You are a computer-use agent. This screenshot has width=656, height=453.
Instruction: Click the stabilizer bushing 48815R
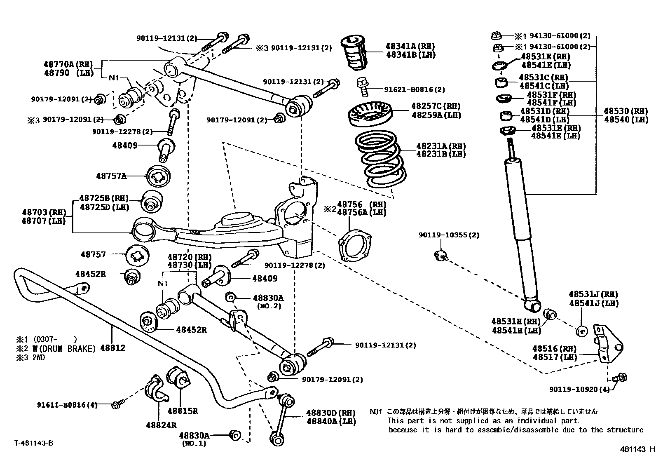pyautogui.click(x=177, y=377)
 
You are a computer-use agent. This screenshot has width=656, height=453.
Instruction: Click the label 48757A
pyautogui.click(x=111, y=176)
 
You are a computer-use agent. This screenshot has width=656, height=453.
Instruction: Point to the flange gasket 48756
pyautogui.click(x=354, y=247)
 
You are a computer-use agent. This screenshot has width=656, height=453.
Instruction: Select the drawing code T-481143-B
pyautogui.click(x=34, y=443)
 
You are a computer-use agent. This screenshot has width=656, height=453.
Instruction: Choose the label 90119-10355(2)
pyautogui.click(x=449, y=235)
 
